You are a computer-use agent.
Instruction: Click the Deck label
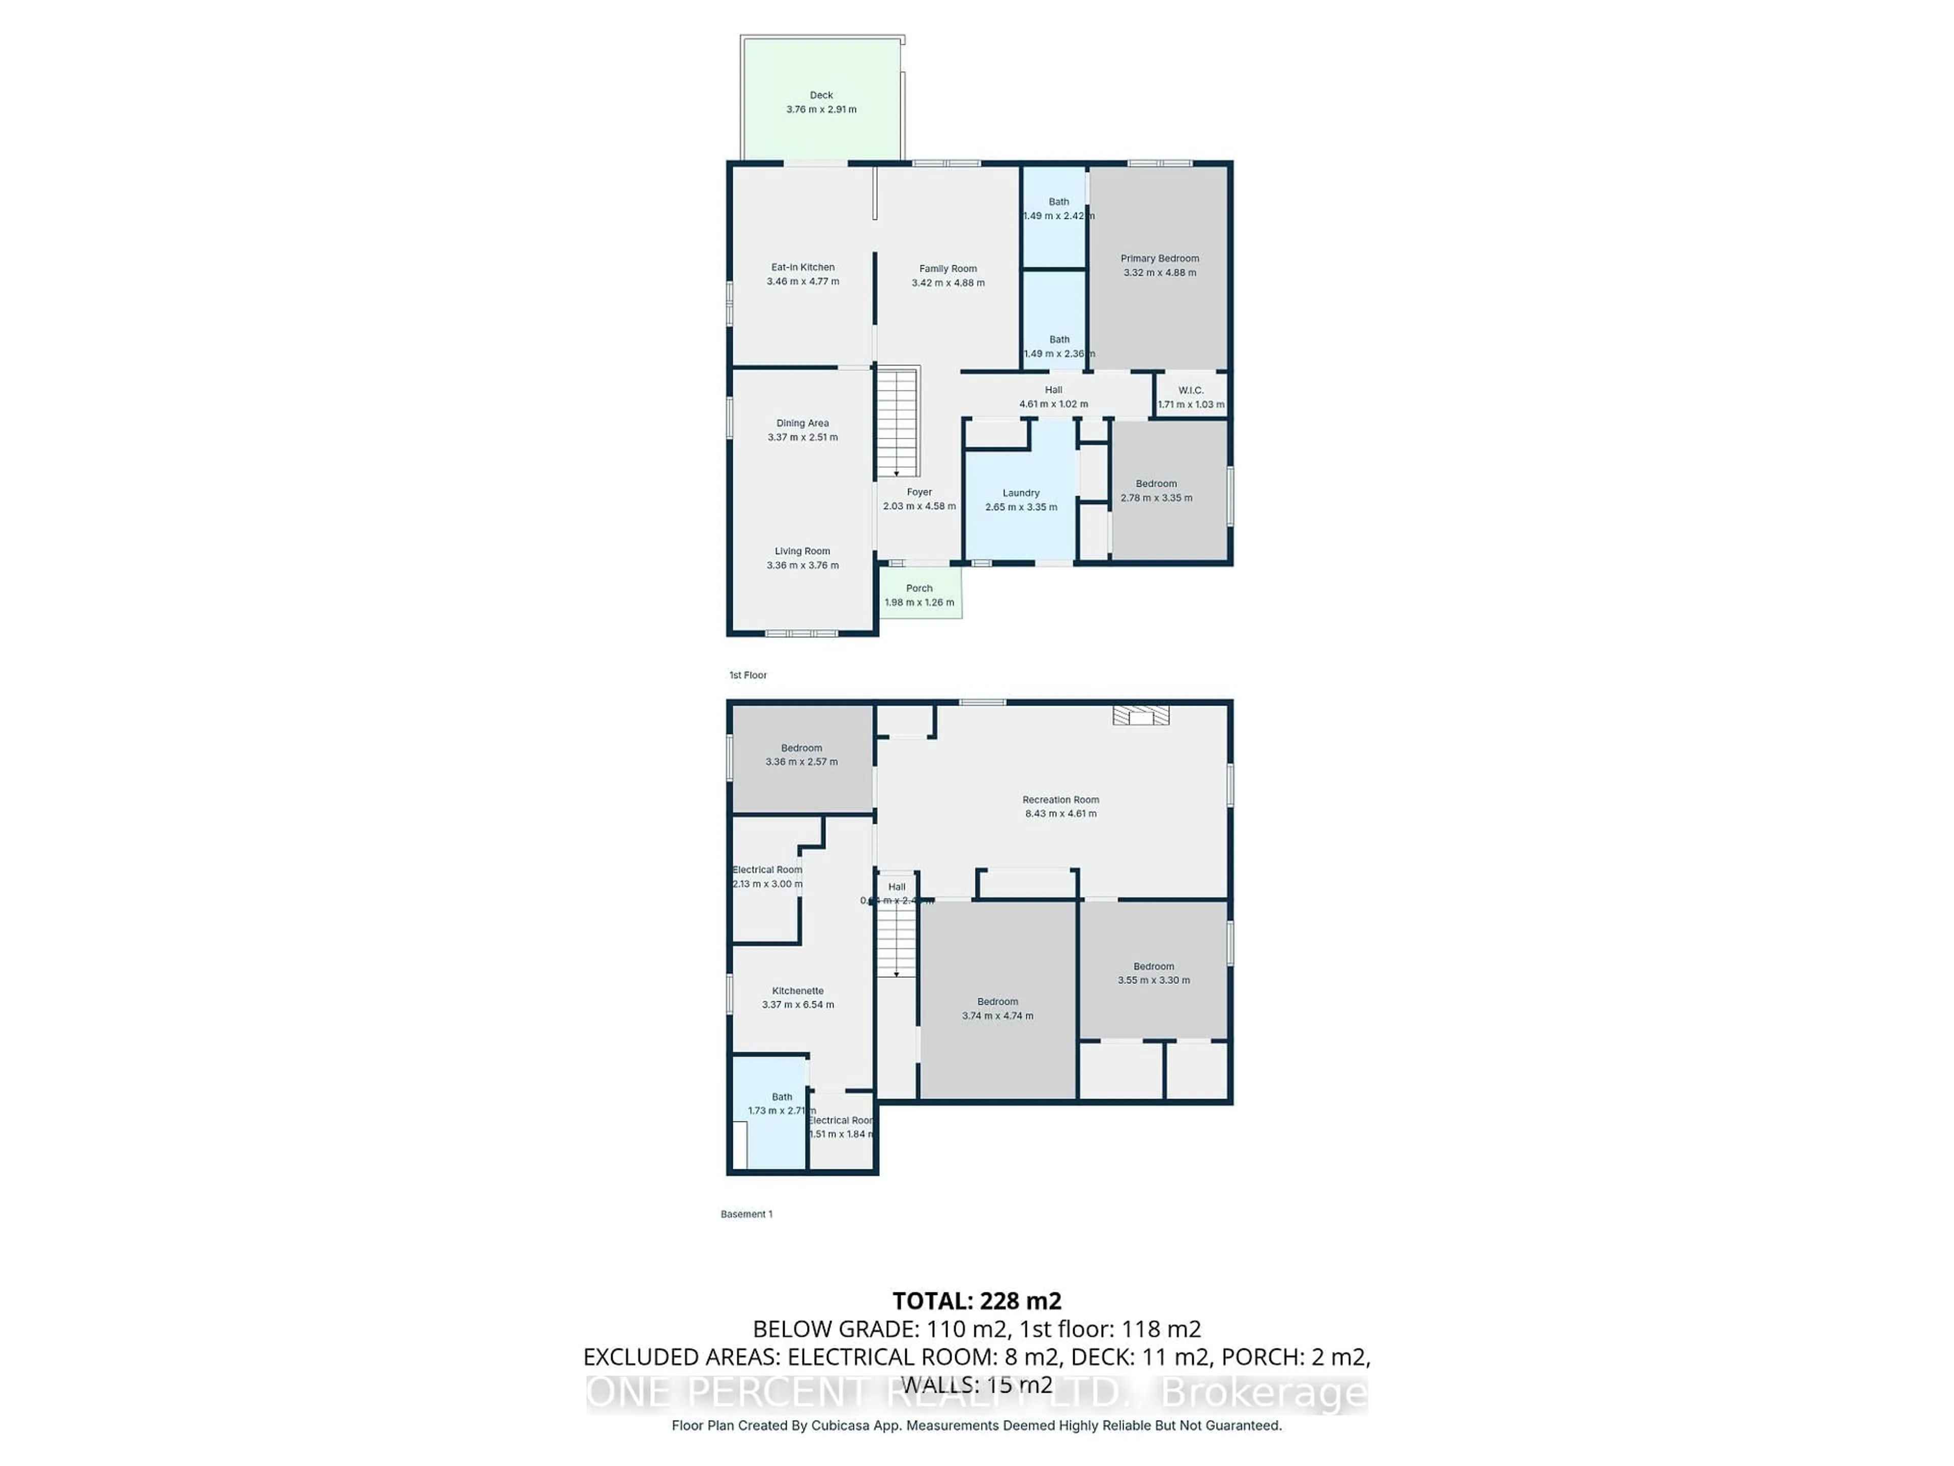(x=821, y=95)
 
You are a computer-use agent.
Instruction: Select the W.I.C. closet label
(x=1190, y=390)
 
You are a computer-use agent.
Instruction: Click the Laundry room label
(x=1020, y=493)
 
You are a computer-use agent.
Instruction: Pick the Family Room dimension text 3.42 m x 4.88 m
(x=948, y=283)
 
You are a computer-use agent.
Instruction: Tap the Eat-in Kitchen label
(x=802, y=267)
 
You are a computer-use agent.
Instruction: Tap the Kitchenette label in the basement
(x=798, y=991)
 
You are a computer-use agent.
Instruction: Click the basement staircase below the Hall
(x=896, y=941)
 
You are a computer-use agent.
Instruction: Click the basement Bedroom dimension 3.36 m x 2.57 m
(x=801, y=762)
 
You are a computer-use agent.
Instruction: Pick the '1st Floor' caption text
(x=748, y=675)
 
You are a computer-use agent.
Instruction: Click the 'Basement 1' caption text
(x=746, y=1214)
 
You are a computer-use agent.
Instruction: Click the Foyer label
(x=918, y=492)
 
